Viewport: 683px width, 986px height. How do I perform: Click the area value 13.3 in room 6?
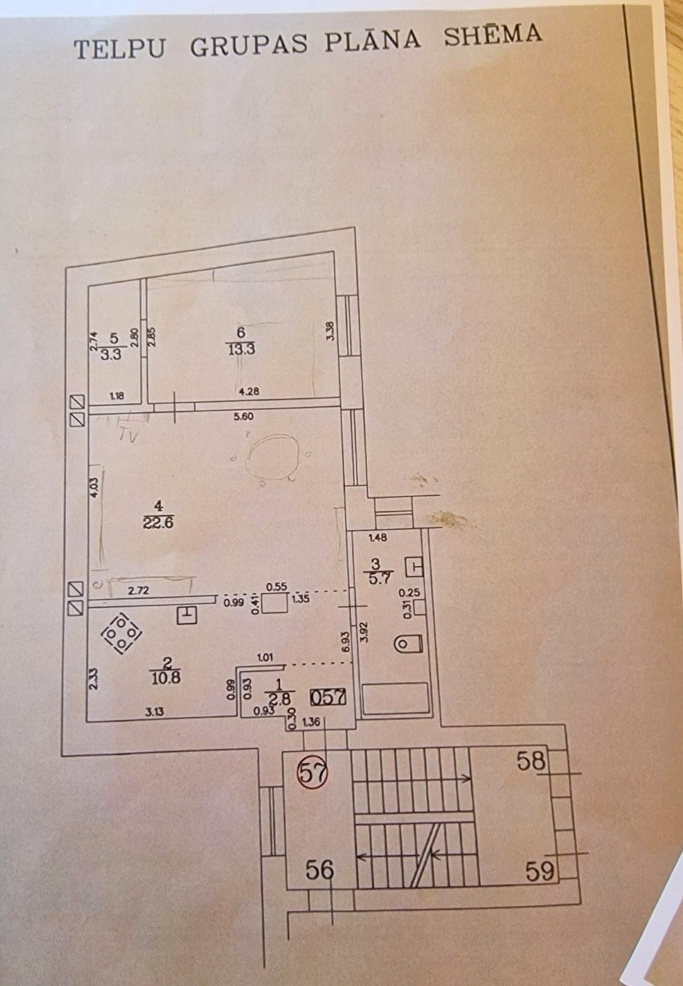point(241,349)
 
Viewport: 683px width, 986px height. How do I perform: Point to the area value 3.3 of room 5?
point(110,354)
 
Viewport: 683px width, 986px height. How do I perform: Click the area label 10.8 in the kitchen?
point(166,678)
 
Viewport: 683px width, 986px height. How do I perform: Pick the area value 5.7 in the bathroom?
point(377,577)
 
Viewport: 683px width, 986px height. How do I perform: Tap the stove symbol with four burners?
point(121,633)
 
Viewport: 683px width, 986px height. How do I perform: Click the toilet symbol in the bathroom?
point(408,644)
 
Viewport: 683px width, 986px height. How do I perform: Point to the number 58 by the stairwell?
point(531,761)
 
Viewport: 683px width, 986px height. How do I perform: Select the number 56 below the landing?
point(319,870)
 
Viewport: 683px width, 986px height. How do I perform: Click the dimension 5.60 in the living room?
point(243,417)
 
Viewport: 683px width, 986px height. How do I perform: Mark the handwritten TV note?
point(128,436)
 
